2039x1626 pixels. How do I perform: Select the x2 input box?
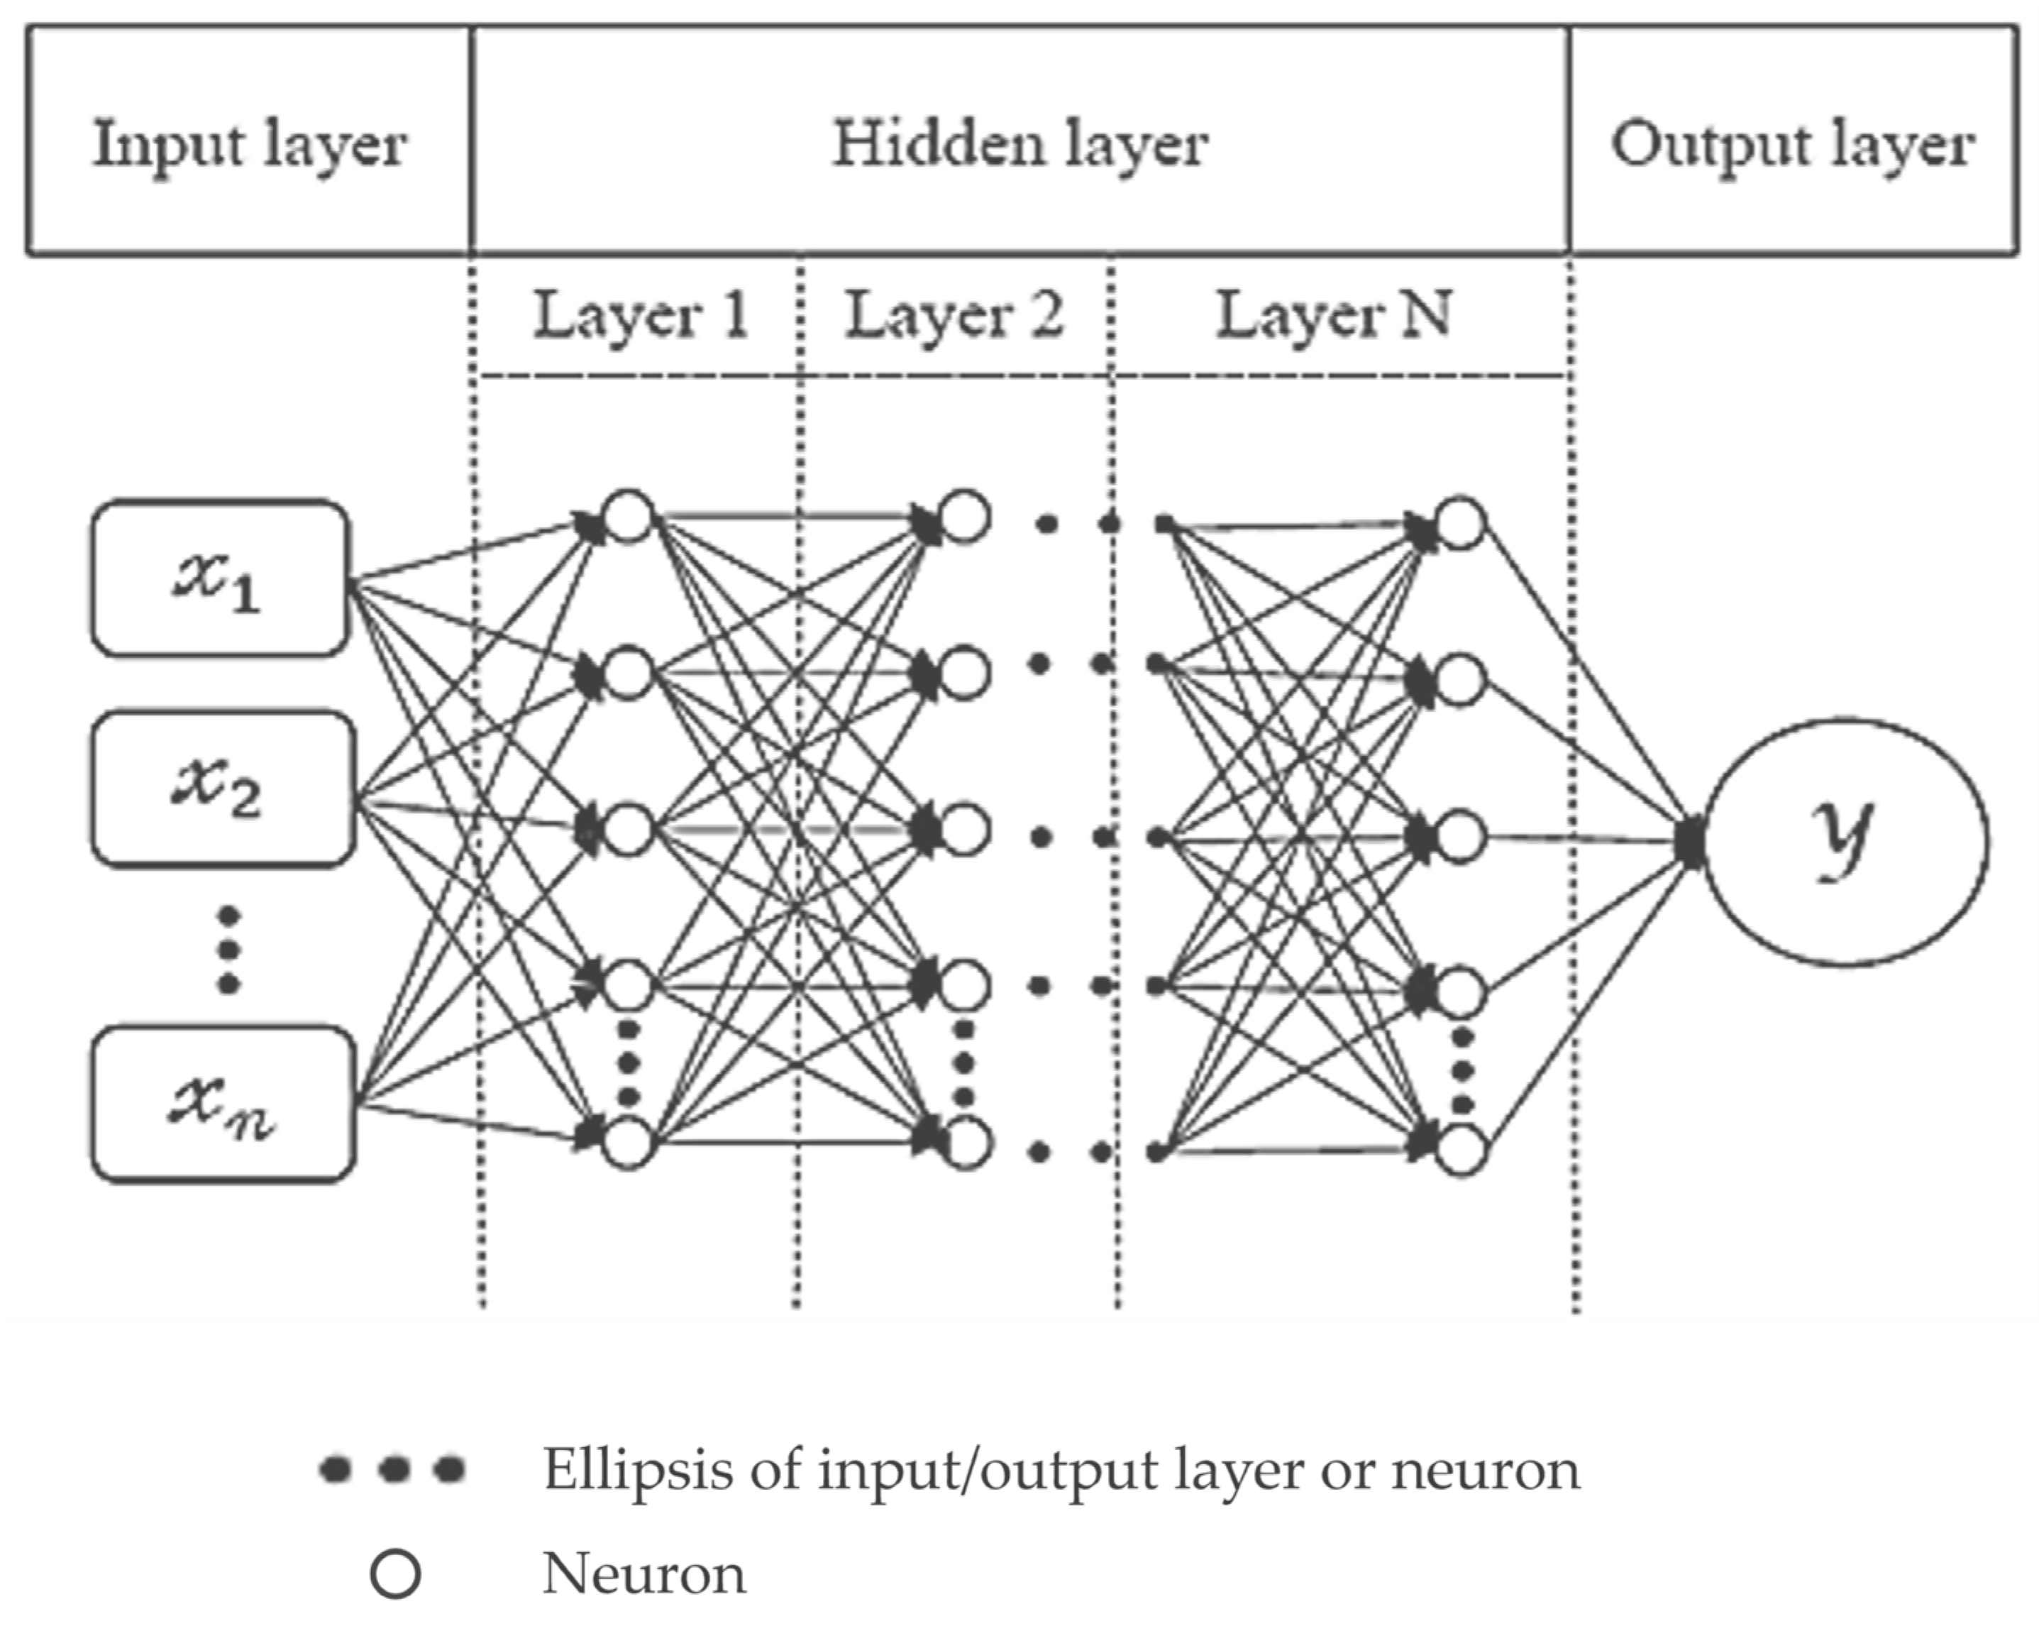click(223, 789)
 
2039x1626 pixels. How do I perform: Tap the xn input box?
click(223, 1104)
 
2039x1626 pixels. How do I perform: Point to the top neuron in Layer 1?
click(628, 517)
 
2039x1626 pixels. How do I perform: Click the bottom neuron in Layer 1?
click(628, 1143)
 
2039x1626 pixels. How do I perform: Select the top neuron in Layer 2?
click(963, 517)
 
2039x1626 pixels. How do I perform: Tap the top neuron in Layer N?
click(1460, 522)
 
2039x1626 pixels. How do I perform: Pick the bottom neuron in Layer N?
click(1460, 1149)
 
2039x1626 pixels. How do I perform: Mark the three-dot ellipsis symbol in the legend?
click(392, 1469)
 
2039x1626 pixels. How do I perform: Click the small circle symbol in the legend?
click(394, 1574)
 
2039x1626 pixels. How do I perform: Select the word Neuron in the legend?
click(644, 1574)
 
